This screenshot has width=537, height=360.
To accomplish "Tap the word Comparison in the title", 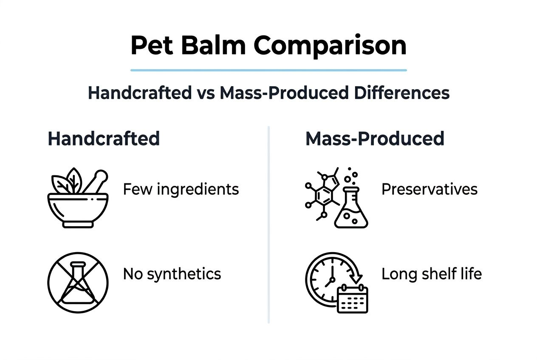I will (x=330, y=45).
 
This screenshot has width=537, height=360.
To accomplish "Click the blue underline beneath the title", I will (x=268, y=70).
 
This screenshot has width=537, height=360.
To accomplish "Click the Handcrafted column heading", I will (x=104, y=139).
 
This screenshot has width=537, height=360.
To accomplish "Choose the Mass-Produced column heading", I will (x=375, y=139).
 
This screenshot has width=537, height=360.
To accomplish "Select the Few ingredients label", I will (x=181, y=189).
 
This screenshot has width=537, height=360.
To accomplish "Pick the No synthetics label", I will (x=172, y=274).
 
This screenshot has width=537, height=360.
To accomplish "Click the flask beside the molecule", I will (x=351, y=208).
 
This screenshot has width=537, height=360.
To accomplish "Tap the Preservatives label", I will (x=430, y=189).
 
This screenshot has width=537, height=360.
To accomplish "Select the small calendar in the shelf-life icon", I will (x=352, y=299).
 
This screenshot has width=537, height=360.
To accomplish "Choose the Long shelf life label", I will (x=432, y=274).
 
